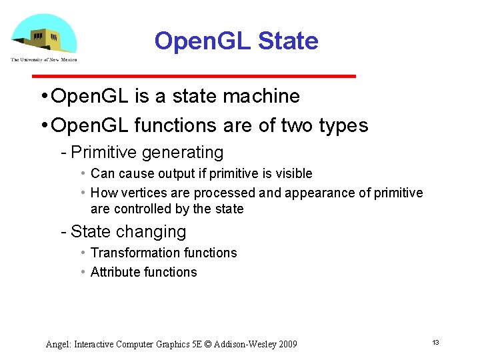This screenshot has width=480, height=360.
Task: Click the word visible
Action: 294,174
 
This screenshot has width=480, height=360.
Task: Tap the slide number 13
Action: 435,342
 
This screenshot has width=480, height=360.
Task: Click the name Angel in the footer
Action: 58,345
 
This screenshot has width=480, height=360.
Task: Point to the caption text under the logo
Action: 43,59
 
